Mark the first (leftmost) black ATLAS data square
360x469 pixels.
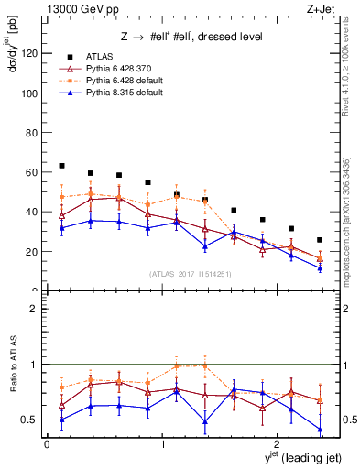(x=61, y=166)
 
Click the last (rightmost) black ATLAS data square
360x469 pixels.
(x=320, y=240)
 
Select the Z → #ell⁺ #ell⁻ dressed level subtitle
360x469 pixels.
(x=192, y=37)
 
